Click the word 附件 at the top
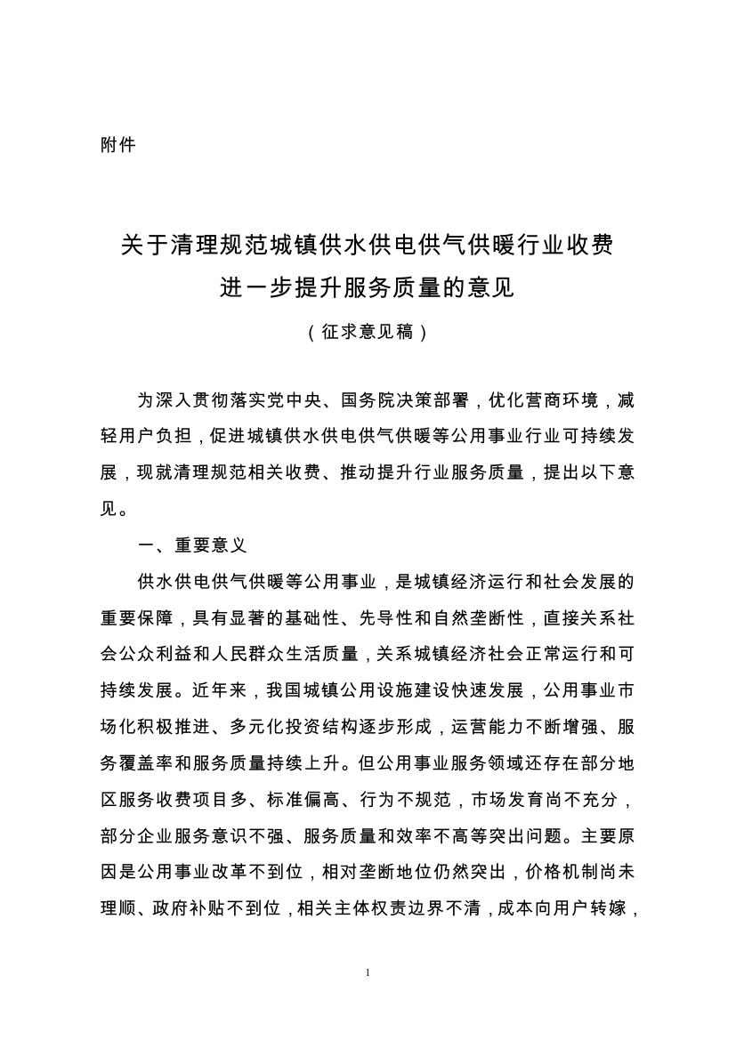click(117, 144)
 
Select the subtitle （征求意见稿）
click(368, 333)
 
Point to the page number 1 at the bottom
click(368, 972)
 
